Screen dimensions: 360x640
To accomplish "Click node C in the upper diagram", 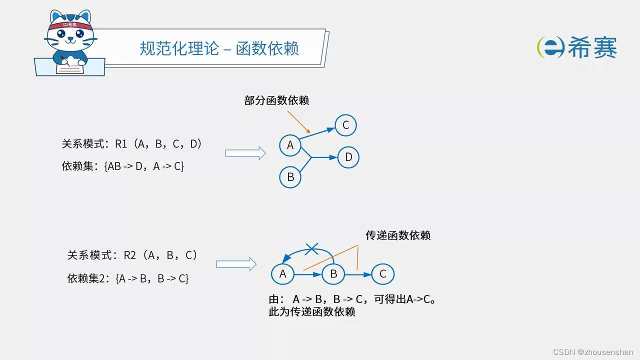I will (x=345, y=125).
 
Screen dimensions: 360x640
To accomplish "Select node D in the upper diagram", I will (x=348, y=157).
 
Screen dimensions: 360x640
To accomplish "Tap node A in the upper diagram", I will (x=290, y=145).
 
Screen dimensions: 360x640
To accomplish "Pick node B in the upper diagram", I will (x=290, y=177).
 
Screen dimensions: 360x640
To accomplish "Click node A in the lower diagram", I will (x=282, y=274).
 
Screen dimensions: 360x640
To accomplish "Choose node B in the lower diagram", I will (x=333, y=274).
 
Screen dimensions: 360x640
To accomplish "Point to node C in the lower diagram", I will (x=383, y=274).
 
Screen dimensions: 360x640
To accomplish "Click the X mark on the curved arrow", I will (x=312, y=247).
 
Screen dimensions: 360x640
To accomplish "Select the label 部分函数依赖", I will (x=276, y=100).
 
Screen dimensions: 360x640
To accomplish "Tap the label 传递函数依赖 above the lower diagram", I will (x=398, y=235).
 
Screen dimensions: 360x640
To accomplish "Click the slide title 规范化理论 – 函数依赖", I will (x=219, y=48).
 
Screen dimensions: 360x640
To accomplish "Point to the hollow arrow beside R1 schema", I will (x=245, y=153).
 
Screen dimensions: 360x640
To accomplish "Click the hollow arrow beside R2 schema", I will (x=236, y=264).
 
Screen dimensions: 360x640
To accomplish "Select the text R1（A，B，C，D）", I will (x=159, y=144).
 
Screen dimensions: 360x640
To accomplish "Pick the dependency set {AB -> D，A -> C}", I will (x=144, y=166).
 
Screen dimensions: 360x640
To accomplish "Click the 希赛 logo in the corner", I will (x=577, y=47).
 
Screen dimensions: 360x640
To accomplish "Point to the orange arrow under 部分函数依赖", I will (x=299, y=121).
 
